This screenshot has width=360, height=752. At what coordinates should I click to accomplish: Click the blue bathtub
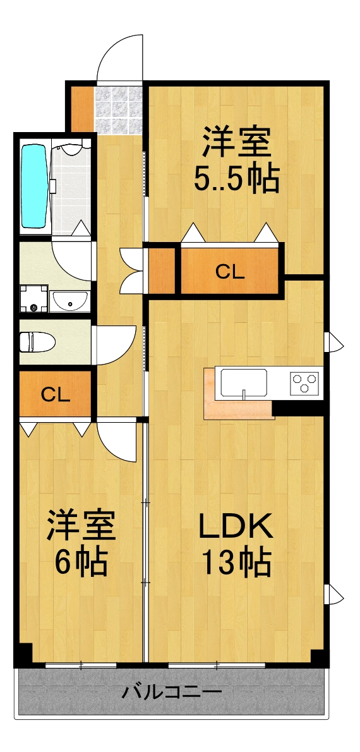coord(35,186)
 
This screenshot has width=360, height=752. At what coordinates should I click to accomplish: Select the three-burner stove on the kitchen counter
coord(304,382)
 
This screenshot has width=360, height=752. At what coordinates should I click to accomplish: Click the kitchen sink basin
coord(243,382)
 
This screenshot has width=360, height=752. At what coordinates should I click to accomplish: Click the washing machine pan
coord(33,298)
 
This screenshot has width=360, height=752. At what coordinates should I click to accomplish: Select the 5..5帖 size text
coord(236,180)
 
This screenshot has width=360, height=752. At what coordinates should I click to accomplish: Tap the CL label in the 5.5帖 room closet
coord(229,272)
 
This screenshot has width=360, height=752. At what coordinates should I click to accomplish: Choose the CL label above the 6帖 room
coord(56,394)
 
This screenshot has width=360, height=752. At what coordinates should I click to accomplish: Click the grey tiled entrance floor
coord(118,110)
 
